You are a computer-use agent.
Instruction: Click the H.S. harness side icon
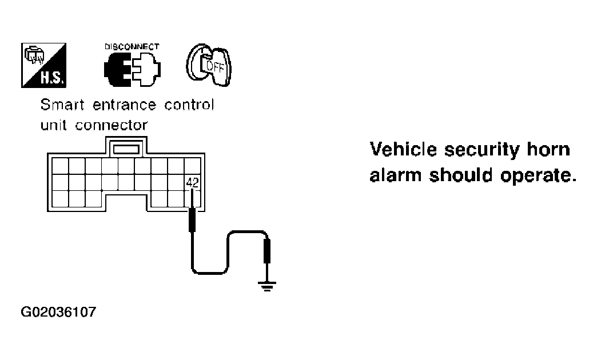(x=44, y=66)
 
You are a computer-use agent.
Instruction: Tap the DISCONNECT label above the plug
(x=132, y=47)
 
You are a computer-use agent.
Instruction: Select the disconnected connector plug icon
(x=132, y=69)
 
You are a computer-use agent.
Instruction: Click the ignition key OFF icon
(x=209, y=65)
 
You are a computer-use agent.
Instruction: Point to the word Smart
(x=62, y=104)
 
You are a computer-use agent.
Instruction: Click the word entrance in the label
(x=125, y=105)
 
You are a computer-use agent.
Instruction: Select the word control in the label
(x=189, y=104)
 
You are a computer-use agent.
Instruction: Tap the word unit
(x=54, y=125)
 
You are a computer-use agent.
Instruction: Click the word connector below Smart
(x=111, y=125)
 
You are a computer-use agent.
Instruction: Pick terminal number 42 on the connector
(x=192, y=183)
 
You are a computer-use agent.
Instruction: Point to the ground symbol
(x=267, y=286)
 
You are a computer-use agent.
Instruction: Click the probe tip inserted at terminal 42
(x=192, y=198)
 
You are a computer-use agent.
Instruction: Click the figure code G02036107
(x=59, y=312)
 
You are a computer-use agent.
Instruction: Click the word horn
(x=548, y=149)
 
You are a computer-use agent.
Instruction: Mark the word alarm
(x=396, y=175)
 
